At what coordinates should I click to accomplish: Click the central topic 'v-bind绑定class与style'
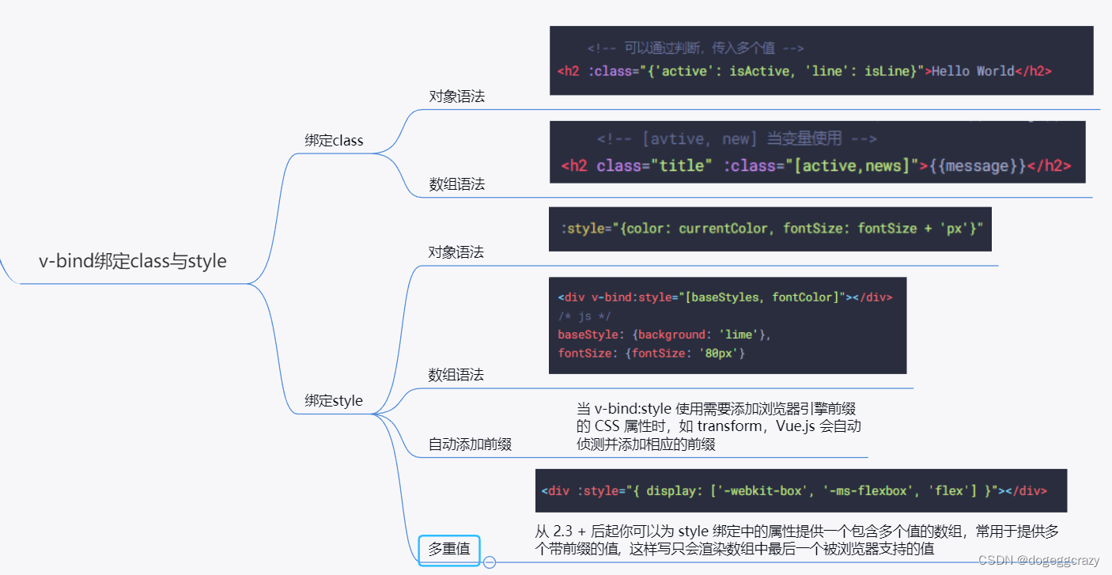133,261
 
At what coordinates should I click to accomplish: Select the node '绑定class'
334,141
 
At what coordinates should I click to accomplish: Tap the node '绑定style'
334,401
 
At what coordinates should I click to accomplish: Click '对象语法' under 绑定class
456,96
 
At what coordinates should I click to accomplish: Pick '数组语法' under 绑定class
456,184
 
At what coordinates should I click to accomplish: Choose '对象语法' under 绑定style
456,252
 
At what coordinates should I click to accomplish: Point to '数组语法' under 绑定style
456,375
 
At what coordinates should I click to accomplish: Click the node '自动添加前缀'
470,444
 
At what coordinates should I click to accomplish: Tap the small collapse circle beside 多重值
490,562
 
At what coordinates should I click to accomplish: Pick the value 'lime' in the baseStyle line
739,335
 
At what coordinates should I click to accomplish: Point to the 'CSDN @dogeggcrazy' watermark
1038,560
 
